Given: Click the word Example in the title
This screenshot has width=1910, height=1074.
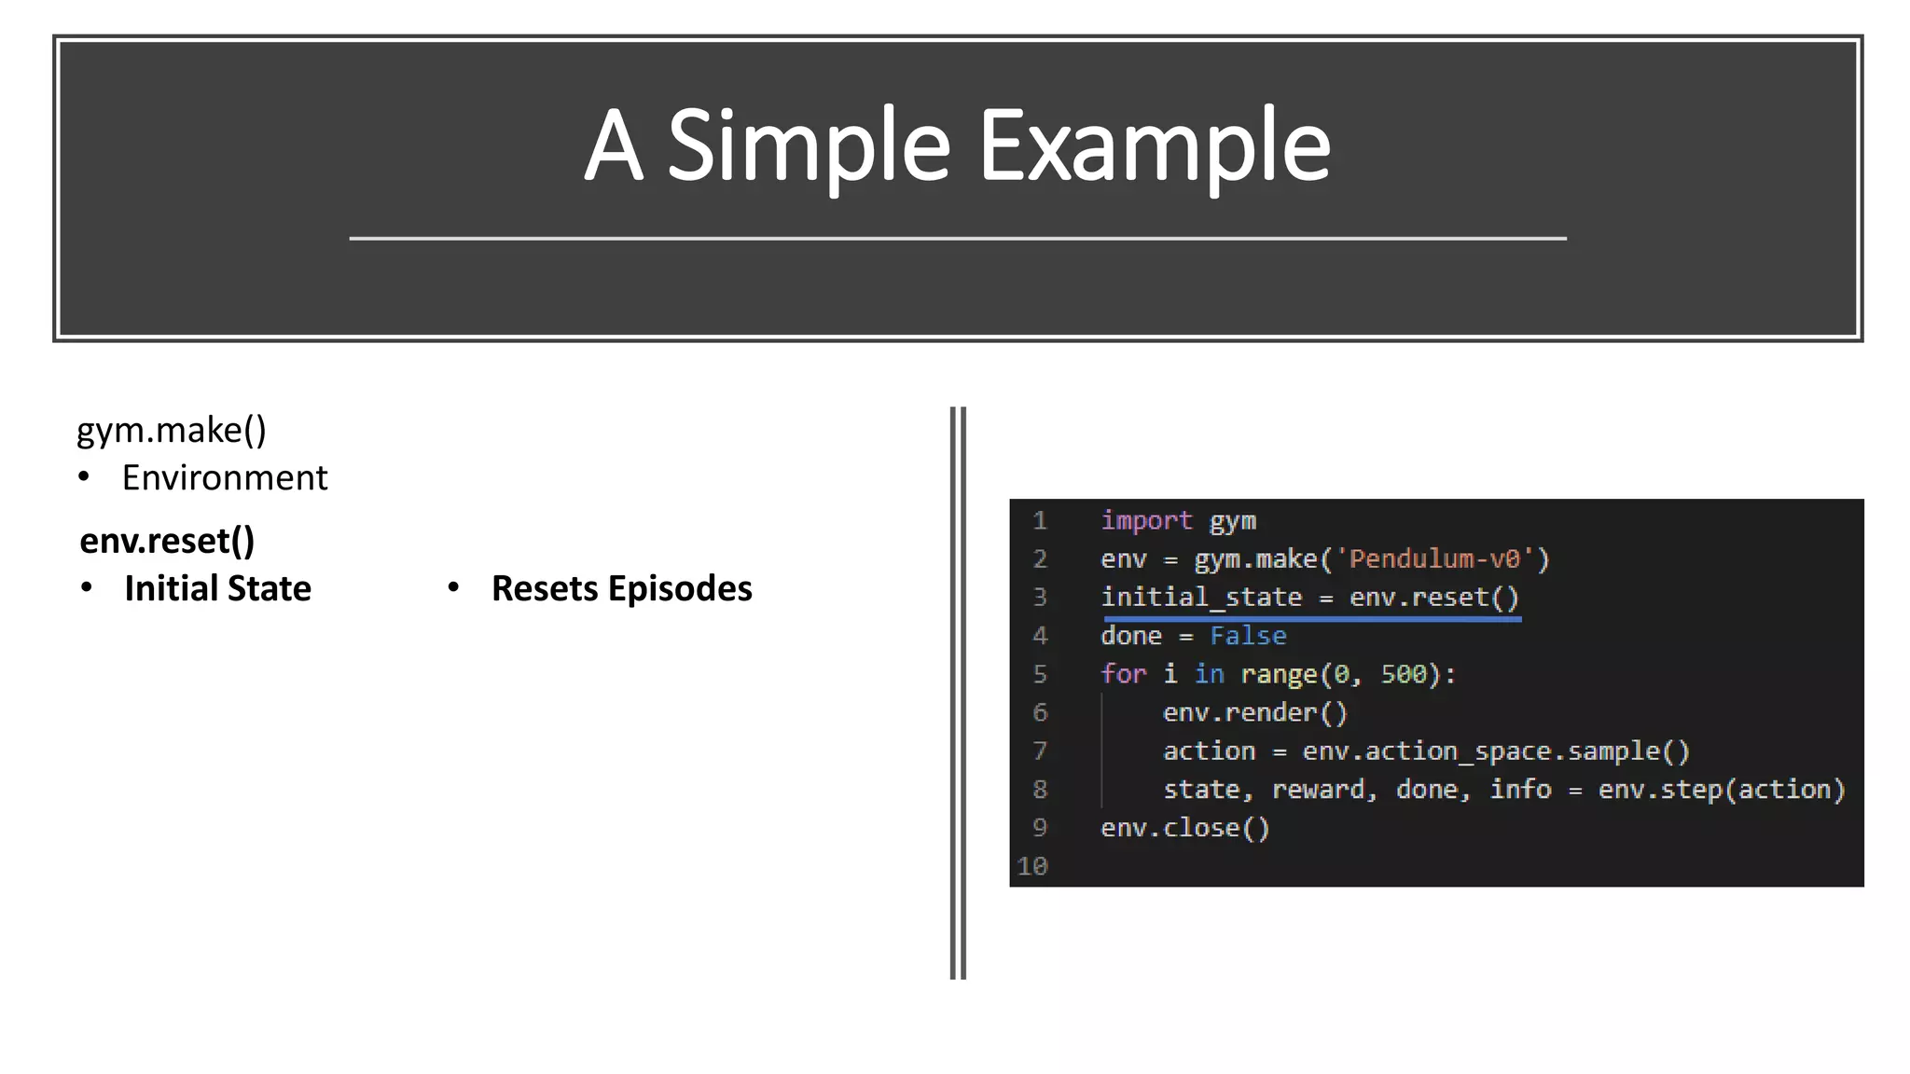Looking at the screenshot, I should click(1154, 146).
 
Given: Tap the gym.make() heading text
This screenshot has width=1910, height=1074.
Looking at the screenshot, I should click(172, 430).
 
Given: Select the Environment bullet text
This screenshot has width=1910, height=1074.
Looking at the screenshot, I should click(225, 478).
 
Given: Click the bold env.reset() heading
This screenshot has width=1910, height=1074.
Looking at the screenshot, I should click(167, 541).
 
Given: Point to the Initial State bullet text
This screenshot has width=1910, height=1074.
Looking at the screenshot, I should click(217, 588).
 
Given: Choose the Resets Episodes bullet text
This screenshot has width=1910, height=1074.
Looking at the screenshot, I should click(621, 588).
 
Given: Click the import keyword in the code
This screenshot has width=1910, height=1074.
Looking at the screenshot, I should click(1146, 520).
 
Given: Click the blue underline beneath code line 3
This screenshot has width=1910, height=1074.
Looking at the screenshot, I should click(1311, 617).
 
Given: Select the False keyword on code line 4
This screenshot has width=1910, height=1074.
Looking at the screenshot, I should click(1248, 636).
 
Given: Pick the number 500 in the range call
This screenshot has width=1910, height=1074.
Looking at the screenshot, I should click(1404, 674).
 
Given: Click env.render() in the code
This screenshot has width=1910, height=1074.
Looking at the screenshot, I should click(1254, 712).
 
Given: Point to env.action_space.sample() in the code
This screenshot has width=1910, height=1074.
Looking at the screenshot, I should click(1495, 750).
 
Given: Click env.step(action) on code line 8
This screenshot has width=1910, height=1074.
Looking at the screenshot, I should click(1721, 790).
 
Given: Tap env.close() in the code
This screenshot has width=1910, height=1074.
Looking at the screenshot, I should click(1184, 828).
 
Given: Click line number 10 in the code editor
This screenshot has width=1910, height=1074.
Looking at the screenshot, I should click(1032, 866).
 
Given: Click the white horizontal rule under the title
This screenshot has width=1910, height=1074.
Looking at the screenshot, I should click(958, 239).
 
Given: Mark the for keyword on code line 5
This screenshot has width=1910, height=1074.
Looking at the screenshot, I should click(1123, 674).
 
